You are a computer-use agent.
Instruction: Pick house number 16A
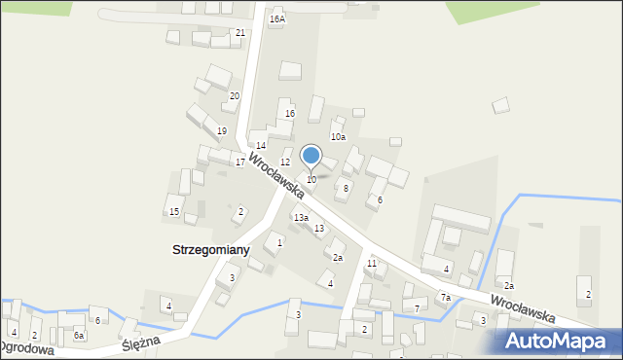[x=277, y=18]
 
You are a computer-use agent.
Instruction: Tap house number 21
[x=240, y=32]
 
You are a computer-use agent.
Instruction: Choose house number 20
[x=235, y=95]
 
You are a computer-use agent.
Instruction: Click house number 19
[x=222, y=131]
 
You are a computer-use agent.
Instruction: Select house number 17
[x=240, y=162]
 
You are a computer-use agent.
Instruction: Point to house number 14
[x=261, y=145]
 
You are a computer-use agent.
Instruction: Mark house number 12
[x=285, y=162]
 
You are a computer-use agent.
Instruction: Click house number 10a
[x=338, y=137]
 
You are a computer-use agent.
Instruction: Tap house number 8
[x=346, y=188]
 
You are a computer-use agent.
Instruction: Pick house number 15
[x=174, y=211]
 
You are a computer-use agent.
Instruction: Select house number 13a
[x=302, y=217]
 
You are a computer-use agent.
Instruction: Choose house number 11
[x=372, y=264]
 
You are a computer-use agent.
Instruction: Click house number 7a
[x=445, y=297]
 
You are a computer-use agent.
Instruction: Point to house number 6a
[x=79, y=335]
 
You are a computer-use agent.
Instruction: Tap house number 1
[x=279, y=242]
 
